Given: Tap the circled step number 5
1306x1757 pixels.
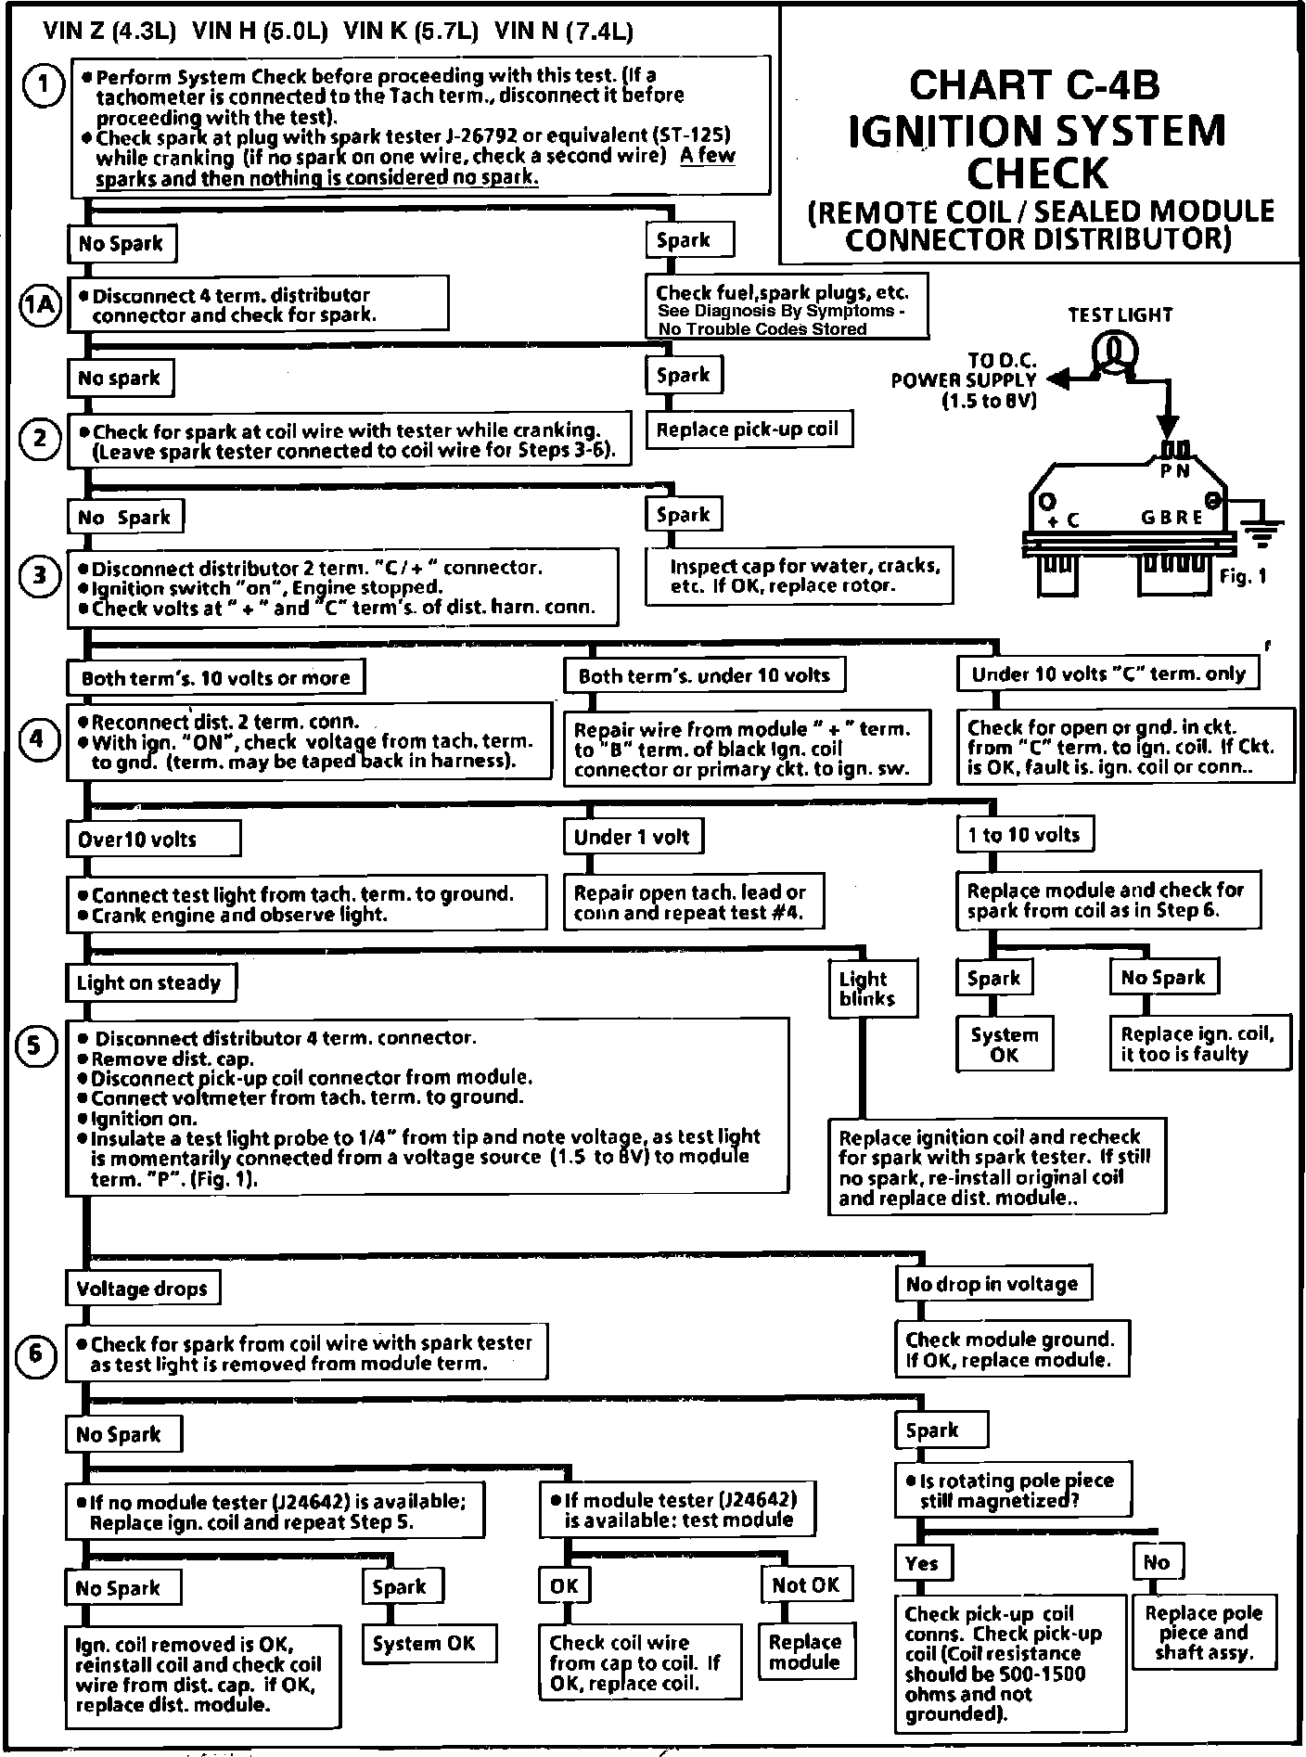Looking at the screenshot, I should coord(36,1045).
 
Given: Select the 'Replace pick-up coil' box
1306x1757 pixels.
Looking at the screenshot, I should coord(748,430).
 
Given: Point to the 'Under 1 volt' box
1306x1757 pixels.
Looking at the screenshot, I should coord(633,837).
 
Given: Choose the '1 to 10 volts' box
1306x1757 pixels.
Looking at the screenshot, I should coord(1024,834).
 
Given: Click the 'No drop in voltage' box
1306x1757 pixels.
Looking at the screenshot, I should coord(992,1284).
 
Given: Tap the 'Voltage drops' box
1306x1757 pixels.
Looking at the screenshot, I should coord(142,1289).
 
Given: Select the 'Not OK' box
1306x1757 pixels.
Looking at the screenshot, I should coord(805,1585).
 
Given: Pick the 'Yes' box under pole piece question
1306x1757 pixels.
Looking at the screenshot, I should coord(922,1563).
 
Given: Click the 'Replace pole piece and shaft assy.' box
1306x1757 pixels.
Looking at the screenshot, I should coord(1203,1633).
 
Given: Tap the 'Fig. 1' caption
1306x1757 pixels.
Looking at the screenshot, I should coord(1242,576).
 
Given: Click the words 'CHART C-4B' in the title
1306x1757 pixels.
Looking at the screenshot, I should coord(1034,85).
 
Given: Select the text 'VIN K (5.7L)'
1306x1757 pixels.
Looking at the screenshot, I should coord(410,32).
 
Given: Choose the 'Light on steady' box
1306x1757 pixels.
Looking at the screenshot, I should coord(149,982).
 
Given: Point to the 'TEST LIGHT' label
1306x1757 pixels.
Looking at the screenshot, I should coord(1120,314).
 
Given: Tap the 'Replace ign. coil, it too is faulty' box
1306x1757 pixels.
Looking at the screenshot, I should coord(1198,1044).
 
